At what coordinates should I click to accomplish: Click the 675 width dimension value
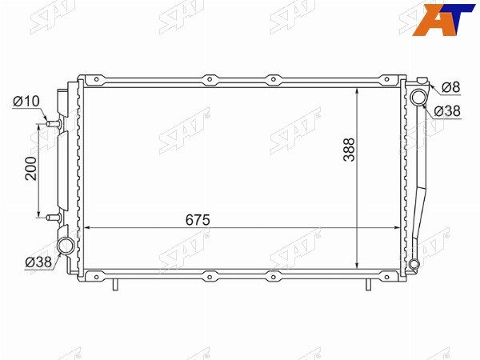pos(198,220)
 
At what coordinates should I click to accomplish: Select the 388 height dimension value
pos(349,150)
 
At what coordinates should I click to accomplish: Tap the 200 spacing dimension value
pos(31,168)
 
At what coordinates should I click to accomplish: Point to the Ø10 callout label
pos(26,102)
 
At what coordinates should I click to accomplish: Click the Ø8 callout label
pos(451,87)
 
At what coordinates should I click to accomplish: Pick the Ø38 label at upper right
pos(447,111)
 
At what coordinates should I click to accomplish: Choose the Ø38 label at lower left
pos(39,262)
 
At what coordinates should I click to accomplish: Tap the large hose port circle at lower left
pos(66,246)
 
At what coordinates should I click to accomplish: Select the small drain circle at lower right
pos(414,263)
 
